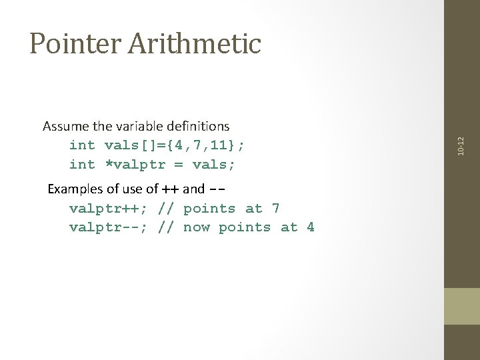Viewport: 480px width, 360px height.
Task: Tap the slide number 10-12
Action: [462, 145]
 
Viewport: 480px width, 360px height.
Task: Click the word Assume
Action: [64, 126]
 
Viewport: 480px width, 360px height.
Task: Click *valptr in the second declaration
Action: [135, 164]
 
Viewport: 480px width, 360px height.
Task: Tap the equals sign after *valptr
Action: [179, 164]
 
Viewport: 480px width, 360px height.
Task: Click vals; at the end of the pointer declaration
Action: [214, 164]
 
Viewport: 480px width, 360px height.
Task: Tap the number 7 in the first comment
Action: [275, 209]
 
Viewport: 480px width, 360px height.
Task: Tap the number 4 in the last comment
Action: [310, 227]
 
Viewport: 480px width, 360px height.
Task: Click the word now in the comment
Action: [197, 227]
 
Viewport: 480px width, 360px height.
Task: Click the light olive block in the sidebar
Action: [462, 306]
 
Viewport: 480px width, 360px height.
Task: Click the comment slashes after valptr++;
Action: [166, 209]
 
